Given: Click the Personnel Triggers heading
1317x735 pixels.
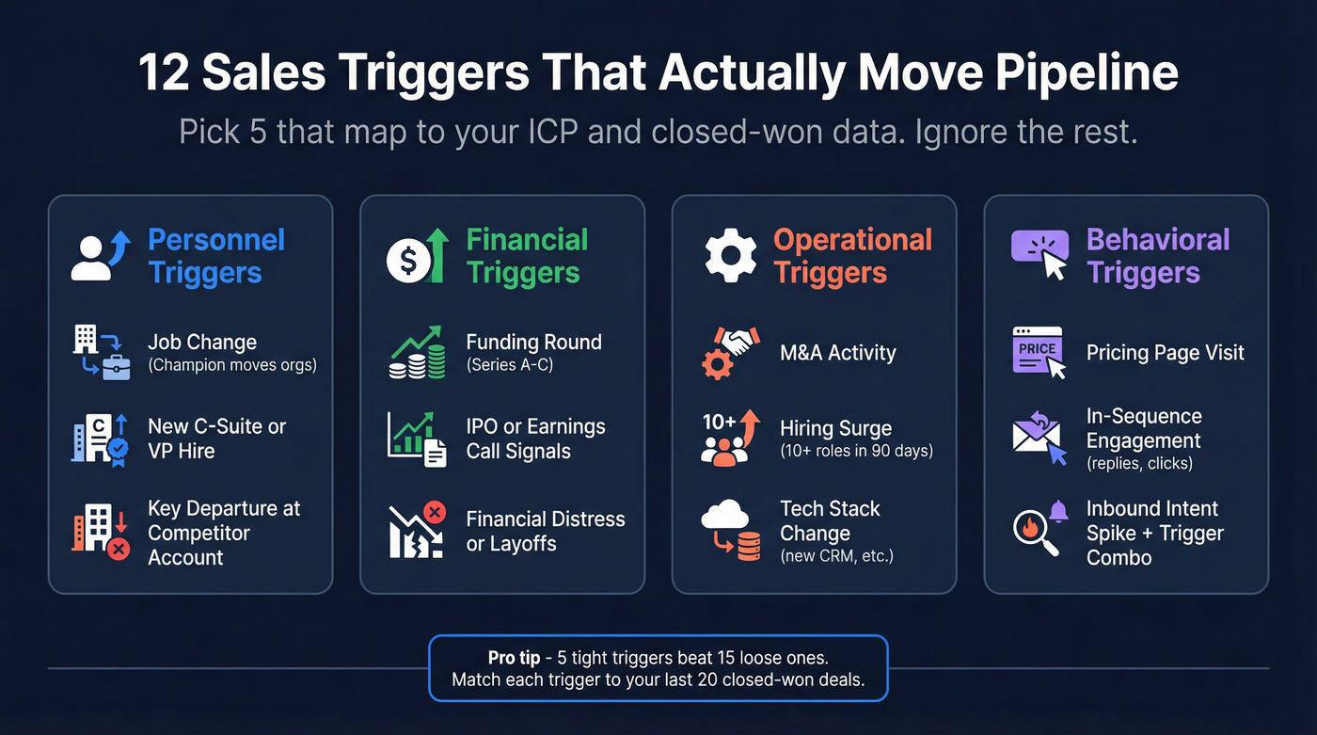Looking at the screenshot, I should pos(216,256).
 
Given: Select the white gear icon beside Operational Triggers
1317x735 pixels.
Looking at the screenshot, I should pos(731,257).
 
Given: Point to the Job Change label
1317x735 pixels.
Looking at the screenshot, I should pos(202,343).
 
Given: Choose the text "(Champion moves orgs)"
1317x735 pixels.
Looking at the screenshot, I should pos(232,365).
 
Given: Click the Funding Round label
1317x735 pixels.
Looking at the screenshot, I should pos(533,343).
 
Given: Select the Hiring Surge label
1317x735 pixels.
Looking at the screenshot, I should pos(835,429).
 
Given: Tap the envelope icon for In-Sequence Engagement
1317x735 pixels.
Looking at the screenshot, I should pos(1039,439).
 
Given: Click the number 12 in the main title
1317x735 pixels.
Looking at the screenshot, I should pos(165,74).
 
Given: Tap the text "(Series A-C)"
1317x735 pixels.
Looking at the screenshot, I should pos(510,365).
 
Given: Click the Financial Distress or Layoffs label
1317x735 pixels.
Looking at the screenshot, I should pos(546,532).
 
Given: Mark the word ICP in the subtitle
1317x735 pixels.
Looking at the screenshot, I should pos(547,132).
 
